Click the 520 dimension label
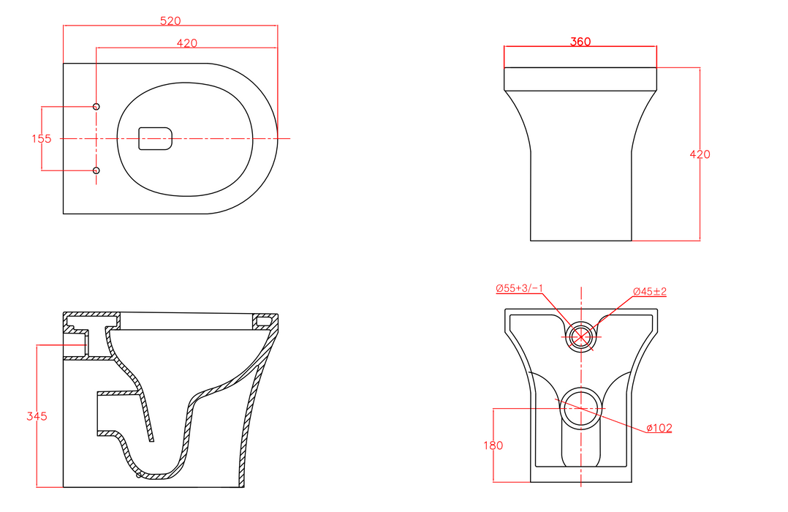[x=170, y=20]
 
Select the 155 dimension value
[x=41, y=138]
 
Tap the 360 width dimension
[x=580, y=42]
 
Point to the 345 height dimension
[x=37, y=416]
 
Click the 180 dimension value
[x=493, y=445]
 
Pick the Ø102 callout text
[x=659, y=428]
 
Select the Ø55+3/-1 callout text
[x=519, y=288]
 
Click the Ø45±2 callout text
[x=650, y=291]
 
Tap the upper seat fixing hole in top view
[x=96, y=107]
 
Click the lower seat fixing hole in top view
[x=96, y=170]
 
